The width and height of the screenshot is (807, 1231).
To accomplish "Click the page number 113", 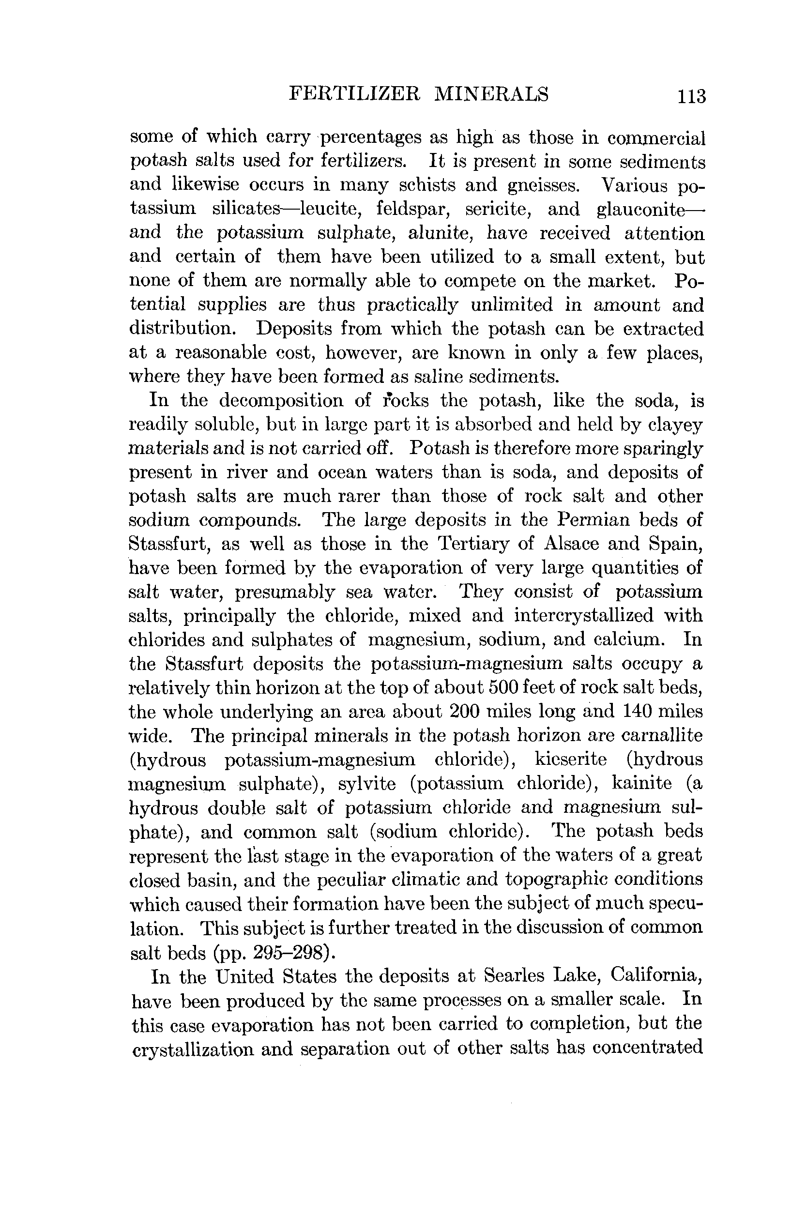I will (x=693, y=97).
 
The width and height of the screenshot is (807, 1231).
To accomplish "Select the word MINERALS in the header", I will (x=491, y=93).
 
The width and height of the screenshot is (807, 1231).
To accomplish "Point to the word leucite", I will (x=331, y=209).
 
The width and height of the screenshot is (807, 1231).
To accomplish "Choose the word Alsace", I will (x=571, y=544).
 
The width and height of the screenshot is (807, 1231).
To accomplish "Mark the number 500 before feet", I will (x=500, y=687).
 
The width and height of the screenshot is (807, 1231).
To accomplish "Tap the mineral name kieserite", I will (x=571, y=760).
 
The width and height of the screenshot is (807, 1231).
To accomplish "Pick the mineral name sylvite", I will (x=367, y=784).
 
